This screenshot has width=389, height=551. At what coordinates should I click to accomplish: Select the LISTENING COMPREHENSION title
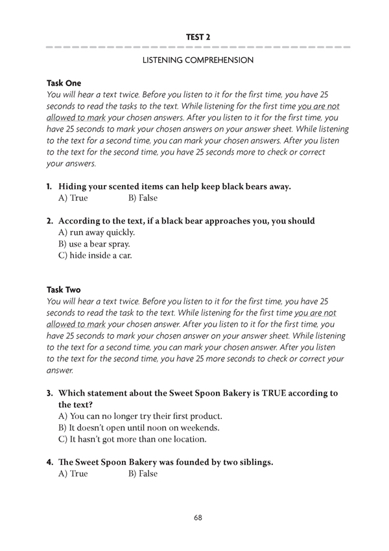pos(198,60)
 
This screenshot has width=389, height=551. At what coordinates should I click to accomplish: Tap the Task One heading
pos(64,83)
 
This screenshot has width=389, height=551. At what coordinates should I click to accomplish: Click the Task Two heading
pos(64,290)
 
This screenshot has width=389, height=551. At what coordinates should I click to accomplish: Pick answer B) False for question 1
pos(143,198)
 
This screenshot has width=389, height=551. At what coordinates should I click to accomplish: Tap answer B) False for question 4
pos(143,474)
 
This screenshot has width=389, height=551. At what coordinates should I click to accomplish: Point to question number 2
pos(49,221)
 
